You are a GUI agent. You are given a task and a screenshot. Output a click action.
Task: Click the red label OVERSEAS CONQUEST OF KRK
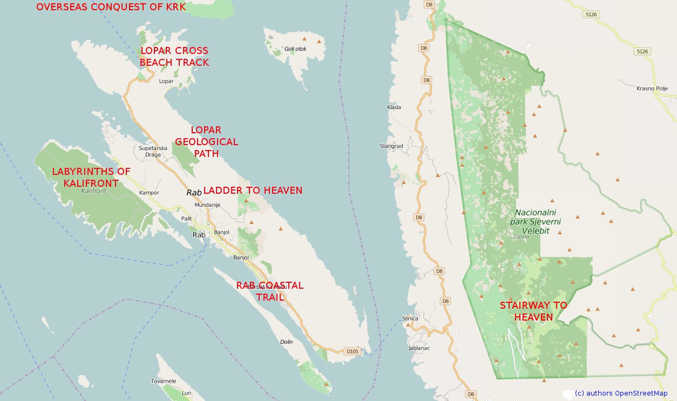[x=111, y=7]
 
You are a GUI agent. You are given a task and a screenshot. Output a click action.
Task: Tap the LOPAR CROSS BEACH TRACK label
[x=174, y=57]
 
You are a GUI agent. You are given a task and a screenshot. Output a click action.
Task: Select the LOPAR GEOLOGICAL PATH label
[x=206, y=142]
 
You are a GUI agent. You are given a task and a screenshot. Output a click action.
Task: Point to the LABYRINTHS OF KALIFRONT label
[x=91, y=177]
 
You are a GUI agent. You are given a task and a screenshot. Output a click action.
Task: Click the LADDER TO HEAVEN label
[x=252, y=191]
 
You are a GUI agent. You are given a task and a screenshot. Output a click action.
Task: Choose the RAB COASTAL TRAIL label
[x=269, y=291]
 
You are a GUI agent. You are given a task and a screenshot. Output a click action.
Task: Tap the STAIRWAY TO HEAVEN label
[x=533, y=311]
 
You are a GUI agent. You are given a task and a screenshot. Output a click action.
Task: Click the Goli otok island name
[x=295, y=49]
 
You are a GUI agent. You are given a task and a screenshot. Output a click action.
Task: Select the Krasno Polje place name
[x=652, y=89]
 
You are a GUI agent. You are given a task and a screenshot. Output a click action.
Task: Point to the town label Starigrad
[x=391, y=146]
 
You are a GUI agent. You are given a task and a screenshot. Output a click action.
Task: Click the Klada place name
[x=394, y=107]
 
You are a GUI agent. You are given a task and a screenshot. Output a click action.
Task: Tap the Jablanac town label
[x=419, y=348]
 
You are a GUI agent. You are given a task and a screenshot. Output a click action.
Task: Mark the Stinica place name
[x=410, y=318]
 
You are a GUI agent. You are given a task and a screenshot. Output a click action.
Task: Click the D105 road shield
[x=351, y=351]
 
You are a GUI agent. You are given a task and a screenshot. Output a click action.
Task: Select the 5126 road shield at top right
[x=591, y=15]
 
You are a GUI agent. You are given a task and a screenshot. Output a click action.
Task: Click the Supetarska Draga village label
[x=153, y=151]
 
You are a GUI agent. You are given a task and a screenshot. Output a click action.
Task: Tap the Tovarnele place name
[x=163, y=381]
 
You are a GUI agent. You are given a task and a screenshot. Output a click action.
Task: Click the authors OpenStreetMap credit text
[x=621, y=393]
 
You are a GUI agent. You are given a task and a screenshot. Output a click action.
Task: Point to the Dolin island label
[x=286, y=342]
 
